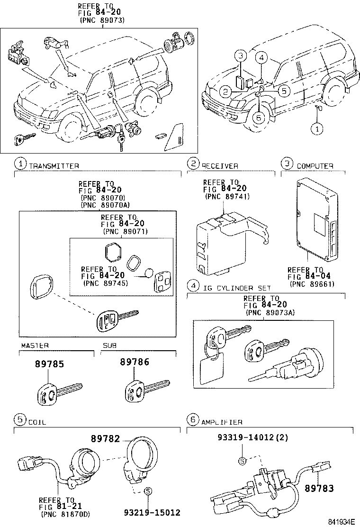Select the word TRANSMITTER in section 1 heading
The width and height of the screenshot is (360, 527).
pyautogui.click(x=54, y=166)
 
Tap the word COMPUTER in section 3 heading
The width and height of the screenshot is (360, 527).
pyautogui.click(x=315, y=166)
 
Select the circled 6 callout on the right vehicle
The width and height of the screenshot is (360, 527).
pyautogui.click(x=259, y=118)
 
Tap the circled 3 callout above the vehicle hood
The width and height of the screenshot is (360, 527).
pyautogui.click(x=241, y=56)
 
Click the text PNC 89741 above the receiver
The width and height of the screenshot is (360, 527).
pyautogui.click(x=227, y=196)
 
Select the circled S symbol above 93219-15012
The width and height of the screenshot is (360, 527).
pyautogui.click(x=148, y=491)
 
